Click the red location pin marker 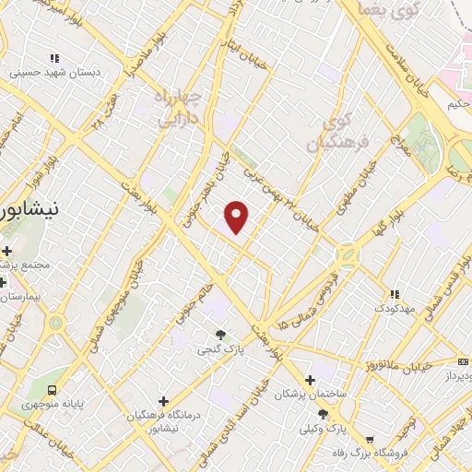pos(237,217)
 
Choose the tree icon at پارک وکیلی pos(323,416)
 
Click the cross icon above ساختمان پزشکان pos(310,380)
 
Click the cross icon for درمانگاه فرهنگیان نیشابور pos(163,401)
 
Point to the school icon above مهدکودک pos(394,294)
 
